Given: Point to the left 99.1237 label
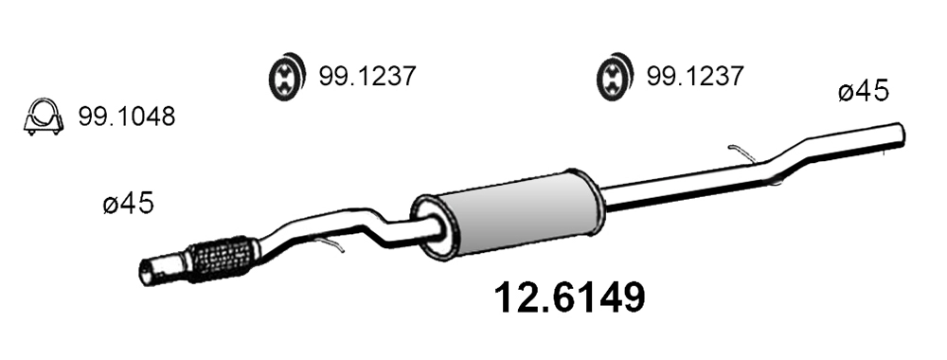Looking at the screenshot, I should pyautogui.click(x=366, y=76).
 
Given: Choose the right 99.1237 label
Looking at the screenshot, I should pyautogui.click(x=694, y=76).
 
